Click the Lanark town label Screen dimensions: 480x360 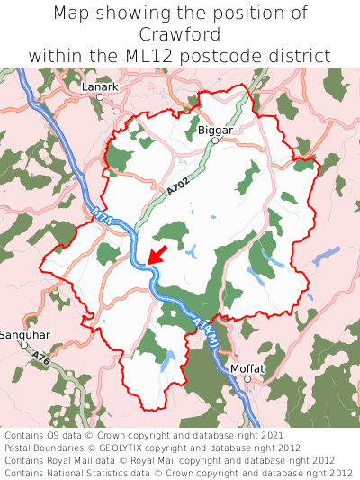[100, 86]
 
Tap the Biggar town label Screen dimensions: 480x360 [215, 130]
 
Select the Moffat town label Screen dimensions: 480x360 [248, 368]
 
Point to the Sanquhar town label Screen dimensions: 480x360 [24, 334]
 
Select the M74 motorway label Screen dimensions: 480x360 [100, 216]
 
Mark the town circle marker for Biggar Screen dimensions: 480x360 [215, 140]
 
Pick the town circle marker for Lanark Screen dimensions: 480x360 [100, 96]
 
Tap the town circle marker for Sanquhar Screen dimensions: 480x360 [24, 344]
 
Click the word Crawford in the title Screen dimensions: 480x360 [180, 34]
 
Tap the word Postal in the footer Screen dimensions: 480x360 [21, 448]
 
